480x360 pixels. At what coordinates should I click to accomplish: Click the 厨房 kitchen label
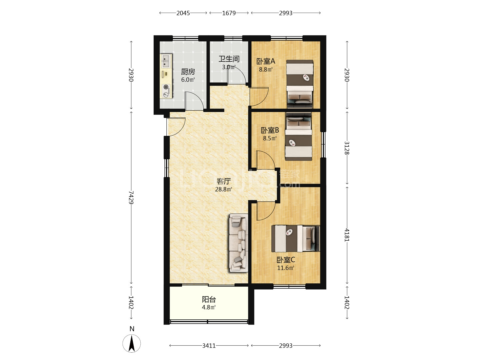(x=188, y=72)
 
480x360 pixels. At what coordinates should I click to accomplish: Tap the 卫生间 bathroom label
(x=229, y=59)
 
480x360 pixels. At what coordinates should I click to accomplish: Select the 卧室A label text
(x=266, y=61)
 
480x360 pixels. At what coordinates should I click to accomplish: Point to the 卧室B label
(x=270, y=130)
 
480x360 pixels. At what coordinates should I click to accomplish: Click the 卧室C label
(x=286, y=260)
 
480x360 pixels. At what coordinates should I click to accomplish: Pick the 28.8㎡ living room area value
(x=223, y=189)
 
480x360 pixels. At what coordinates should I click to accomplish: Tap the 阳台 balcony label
(x=209, y=299)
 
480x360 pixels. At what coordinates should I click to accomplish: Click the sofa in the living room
(x=239, y=243)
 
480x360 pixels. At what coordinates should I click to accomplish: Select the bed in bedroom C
(x=295, y=238)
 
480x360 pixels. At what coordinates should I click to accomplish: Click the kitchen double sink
(x=166, y=61)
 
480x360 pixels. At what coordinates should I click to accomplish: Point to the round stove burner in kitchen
(x=166, y=87)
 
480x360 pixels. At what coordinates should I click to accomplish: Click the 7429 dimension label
(x=131, y=197)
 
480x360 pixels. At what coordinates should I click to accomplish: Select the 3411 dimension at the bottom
(x=209, y=346)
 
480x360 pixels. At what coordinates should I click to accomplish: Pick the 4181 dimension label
(x=347, y=235)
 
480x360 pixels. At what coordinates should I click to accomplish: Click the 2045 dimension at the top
(x=183, y=13)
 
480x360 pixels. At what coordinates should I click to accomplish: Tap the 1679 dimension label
(x=229, y=13)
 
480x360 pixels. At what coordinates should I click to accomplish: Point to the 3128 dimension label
(x=347, y=148)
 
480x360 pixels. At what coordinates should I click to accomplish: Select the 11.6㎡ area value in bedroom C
(x=286, y=268)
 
